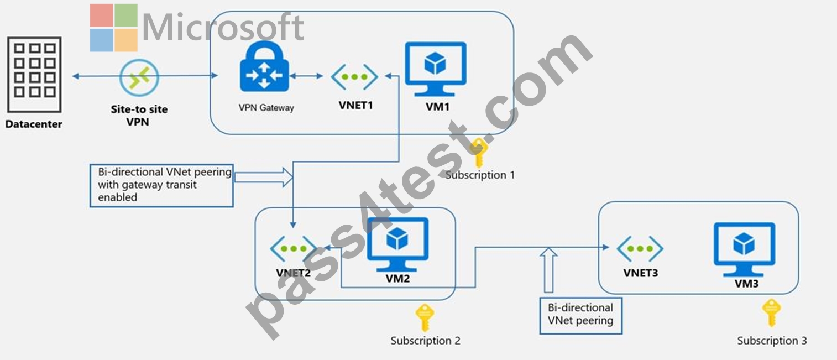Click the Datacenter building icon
click(x=34, y=75)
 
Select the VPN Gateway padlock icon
click(x=264, y=66)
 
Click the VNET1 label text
click(x=355, y=106)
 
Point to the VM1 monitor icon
click(x=436, y=69)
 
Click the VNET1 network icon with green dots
click(x=354, y=77)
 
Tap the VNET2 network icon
click(x=294, y=249)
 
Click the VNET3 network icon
click(x=640, y=249)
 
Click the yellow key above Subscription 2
click(x=425, y=317)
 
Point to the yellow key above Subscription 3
click(x=771, y=312)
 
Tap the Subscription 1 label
click(x=480, y=175)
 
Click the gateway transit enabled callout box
click(x=161, y=185)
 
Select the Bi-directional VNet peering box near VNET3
click(x=580, y=316)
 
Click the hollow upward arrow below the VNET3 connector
click(x=548, y=270)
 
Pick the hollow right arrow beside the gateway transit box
click(x=264, y=177)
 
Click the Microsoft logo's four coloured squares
click(x=113, y=28)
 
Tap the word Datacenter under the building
click(x=34, y=124)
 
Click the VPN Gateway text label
click(x=266, y=108)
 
